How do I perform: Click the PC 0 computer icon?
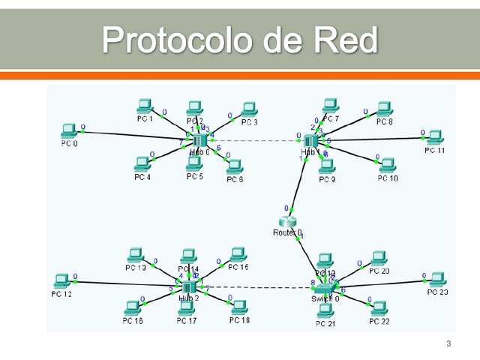(68, 130)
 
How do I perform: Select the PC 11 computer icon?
(433, 137)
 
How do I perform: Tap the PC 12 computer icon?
(63, 281)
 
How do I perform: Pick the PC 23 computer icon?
(436, 279)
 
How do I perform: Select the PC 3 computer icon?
(249, 110)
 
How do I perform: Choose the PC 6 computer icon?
(235, 166)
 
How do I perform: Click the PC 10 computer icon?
(388, 165)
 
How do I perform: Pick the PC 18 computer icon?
(239, 307)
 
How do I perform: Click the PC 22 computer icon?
(379, 308)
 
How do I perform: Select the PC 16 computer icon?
(133, 308)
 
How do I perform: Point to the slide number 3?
(448, 344)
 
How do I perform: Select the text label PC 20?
(379, 271)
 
